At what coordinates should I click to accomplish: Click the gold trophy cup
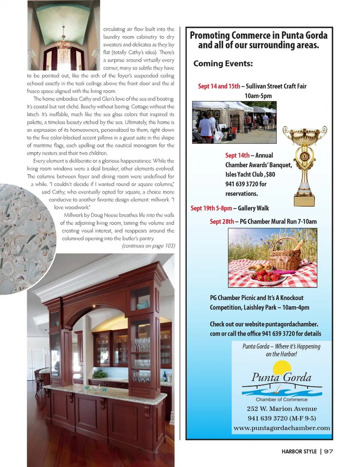304,161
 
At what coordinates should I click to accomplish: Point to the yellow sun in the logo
282,368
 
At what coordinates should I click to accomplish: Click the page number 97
328,451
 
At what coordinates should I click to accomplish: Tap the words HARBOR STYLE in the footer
299,451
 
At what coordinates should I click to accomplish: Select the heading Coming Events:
223,63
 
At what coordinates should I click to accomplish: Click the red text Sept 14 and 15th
219,86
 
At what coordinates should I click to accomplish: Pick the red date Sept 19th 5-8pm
211,208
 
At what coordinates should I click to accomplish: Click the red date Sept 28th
222,221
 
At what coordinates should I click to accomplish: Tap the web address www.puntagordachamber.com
282,428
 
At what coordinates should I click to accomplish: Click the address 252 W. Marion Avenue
282,409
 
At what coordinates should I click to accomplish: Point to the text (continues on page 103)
148,246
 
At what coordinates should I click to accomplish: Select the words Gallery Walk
253,208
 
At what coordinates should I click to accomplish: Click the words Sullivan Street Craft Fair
276,86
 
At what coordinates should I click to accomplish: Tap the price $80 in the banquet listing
270,174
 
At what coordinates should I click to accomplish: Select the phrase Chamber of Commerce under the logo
281,399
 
